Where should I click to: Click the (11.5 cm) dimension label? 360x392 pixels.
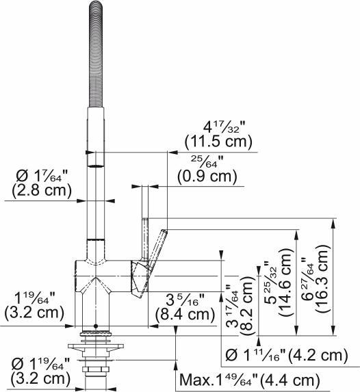(x=219, y=142)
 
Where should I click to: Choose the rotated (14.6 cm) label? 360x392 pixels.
(x=285, y=301)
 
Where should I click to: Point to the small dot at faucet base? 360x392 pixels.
(x=96, y=327)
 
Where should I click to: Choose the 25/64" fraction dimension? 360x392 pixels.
(x=205, y=161)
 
